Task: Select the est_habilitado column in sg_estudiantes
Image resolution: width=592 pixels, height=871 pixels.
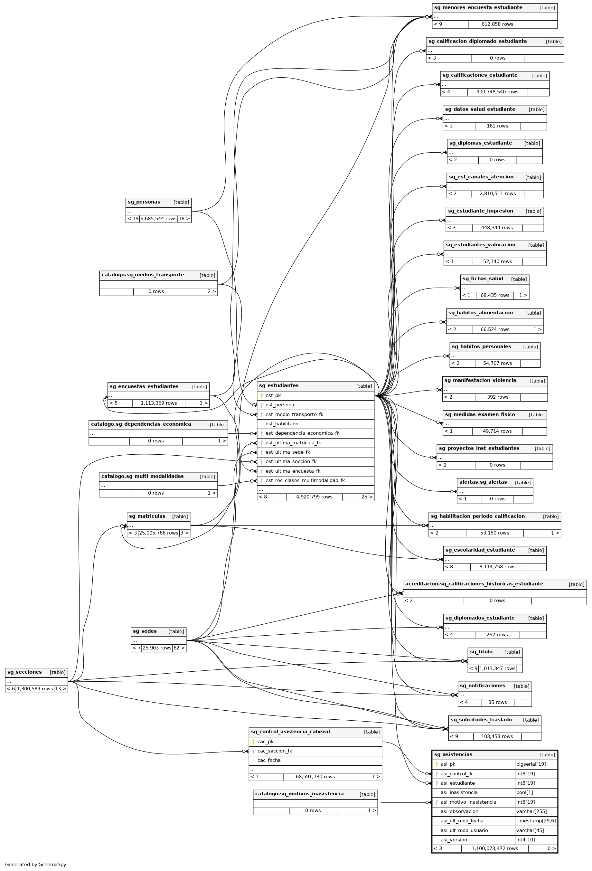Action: [282, 424]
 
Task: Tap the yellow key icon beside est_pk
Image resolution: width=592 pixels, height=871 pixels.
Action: [261, 395]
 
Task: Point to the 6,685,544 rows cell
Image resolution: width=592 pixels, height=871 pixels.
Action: [158, 219]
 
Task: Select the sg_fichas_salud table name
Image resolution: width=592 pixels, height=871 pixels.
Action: [483, 279]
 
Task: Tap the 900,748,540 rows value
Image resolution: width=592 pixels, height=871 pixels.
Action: [497, 92]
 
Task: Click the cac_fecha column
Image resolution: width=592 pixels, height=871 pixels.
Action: [269, 760]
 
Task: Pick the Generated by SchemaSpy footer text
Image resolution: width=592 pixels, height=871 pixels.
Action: [36, 864]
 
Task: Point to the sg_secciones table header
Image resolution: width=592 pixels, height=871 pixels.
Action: [25, 672]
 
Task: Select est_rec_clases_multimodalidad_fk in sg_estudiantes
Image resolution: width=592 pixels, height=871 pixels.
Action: [305, 480]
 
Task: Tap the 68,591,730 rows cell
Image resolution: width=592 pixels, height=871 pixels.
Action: [315, 777]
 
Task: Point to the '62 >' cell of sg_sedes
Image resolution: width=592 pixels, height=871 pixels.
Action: [179, 648]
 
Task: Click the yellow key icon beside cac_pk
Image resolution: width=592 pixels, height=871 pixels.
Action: [253, 741]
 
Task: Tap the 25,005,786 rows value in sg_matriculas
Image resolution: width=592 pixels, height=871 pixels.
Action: [158, 533]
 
